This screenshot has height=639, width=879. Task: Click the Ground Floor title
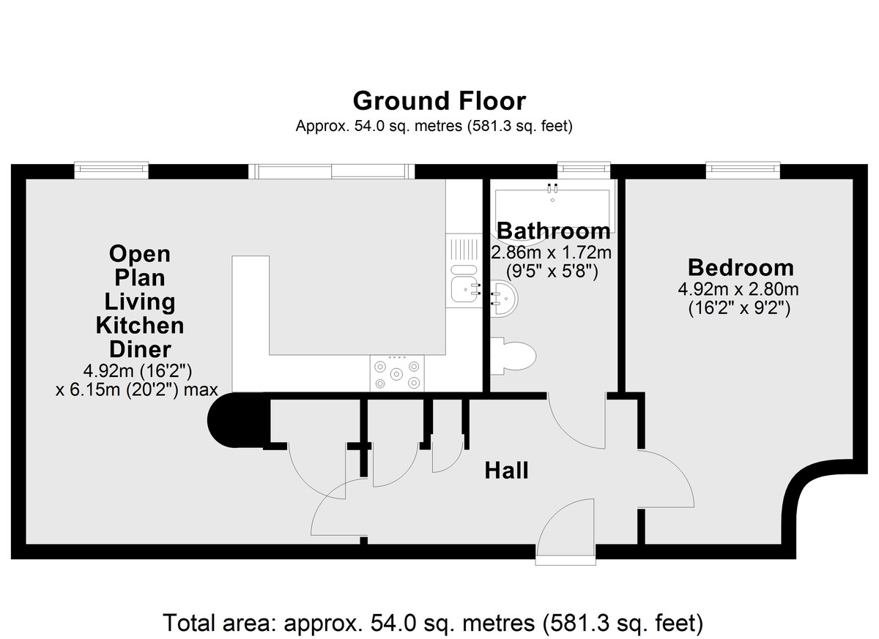[439, 101]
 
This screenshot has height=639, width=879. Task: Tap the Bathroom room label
[554, 231]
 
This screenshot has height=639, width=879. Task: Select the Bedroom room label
[741, 268]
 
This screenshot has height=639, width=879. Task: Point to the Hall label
[506, 471]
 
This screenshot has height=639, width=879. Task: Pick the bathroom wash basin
[504, 298]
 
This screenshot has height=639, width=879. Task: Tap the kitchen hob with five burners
[397, 373]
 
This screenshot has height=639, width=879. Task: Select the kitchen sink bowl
[464, 290]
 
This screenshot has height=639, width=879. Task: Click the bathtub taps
[552, 188]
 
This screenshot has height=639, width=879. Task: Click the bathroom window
[584, 170]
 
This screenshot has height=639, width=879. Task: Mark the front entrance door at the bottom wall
[565, 532]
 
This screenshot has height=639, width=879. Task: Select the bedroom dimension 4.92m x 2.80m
[738, 290]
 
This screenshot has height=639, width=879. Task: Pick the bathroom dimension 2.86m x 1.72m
[552, 253]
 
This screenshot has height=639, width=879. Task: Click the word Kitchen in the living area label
[140, 326]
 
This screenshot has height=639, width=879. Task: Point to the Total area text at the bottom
[433, 623]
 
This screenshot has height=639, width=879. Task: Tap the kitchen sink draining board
[464, 248]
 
